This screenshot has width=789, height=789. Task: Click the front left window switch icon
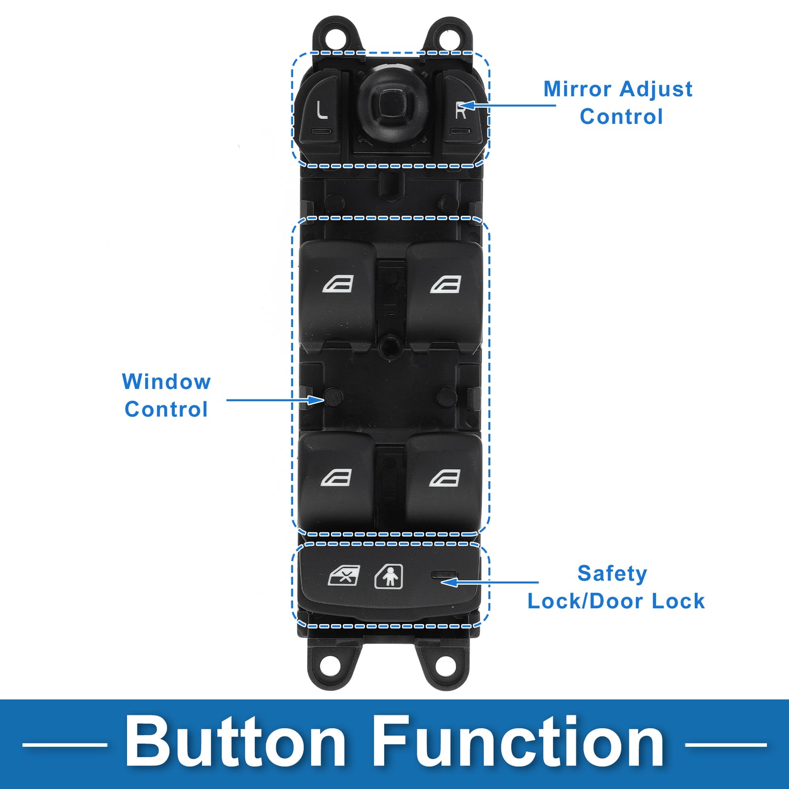pos(338,284)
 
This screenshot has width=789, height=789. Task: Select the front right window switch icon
pos(445,284)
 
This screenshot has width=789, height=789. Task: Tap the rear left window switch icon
pos(336,478)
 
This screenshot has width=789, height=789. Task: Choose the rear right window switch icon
pos(444,478)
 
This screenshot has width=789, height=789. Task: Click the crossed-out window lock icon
pos(344,576)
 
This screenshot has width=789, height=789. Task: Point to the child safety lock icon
pos(388,576)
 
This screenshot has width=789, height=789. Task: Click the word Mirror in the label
pos(577,89)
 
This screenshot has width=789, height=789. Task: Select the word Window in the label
pos(166,381)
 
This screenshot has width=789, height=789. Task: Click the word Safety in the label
pos(612,573)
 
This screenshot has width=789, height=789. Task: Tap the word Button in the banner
pos(236,742)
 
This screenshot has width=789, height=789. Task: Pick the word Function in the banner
pos(519,742)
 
